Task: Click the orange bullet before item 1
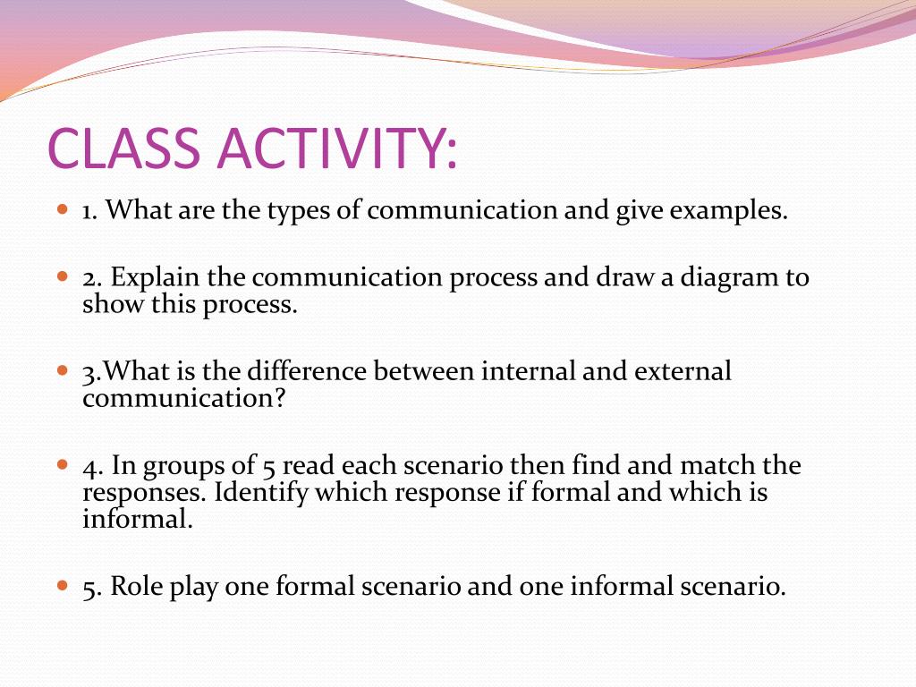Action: (64, 208)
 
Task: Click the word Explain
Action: (155, 277)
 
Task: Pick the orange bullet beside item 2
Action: (64, 276)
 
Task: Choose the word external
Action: (683, 371)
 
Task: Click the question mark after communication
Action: (279, 398)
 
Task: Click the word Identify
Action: (260, 493)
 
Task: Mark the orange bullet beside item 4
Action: (64, 465)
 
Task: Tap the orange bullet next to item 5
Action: (64, 585)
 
